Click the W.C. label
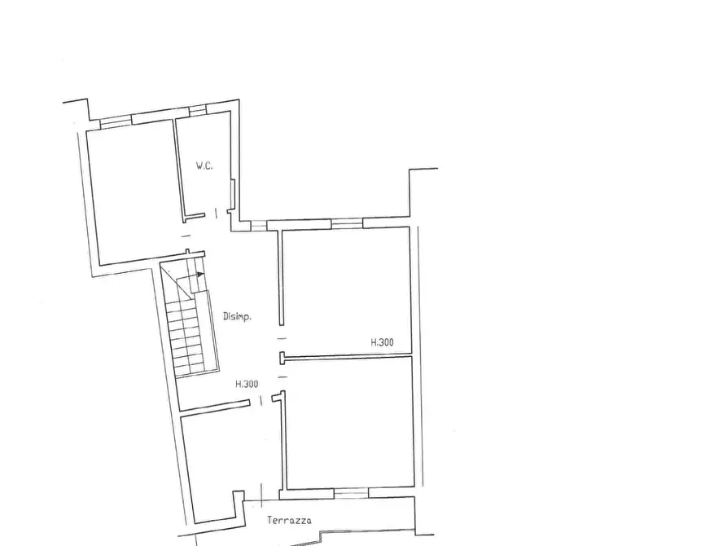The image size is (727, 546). [204, 166]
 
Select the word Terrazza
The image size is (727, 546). [289, 521]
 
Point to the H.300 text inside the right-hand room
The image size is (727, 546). [382, 343]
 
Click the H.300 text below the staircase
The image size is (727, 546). [247, 385]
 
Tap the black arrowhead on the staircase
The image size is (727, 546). [200, 275]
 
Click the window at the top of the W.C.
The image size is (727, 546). [198, 109]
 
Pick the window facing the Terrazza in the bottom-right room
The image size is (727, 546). [351, 492]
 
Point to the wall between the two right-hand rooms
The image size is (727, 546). [346, 356]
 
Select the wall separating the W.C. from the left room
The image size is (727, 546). [179, 167]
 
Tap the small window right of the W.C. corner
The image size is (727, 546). [258, 226]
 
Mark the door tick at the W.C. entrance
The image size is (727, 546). [216, 214]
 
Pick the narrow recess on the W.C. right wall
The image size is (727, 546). [233, 193]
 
